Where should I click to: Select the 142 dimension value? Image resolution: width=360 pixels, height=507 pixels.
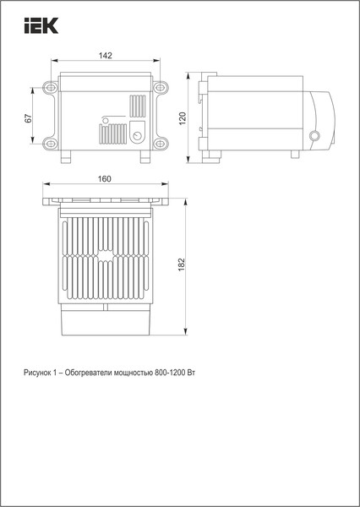(106, 55)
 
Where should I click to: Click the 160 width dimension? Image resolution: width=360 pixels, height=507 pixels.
(105, 178)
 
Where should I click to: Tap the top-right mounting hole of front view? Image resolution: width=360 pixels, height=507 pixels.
(161, 88)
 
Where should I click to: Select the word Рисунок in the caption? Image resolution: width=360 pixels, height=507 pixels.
(39, 373)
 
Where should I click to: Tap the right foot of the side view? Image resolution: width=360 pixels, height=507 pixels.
(294, 155)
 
